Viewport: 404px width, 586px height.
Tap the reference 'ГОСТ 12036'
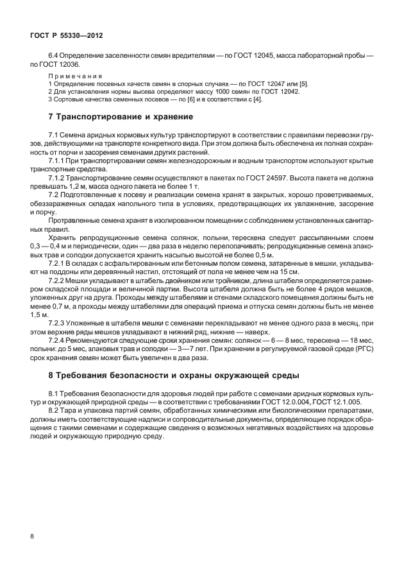[60, 65]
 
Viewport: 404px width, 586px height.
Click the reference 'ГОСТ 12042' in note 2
[282, 91]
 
